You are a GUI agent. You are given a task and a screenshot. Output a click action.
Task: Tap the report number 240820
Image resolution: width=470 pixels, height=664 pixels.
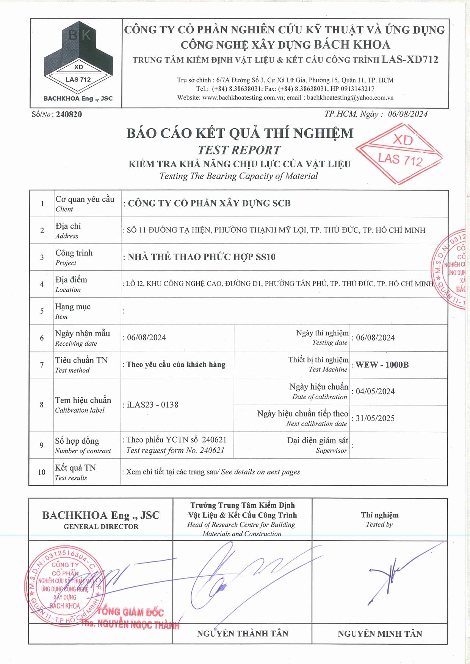tap(69, 114)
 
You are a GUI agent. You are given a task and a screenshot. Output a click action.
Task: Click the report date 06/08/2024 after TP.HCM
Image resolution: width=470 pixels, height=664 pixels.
tap(407, 114)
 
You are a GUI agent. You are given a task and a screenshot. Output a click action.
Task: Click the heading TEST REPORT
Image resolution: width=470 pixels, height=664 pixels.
tap(239, 150)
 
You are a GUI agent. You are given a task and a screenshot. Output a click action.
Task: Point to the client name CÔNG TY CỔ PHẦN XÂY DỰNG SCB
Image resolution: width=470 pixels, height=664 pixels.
tap(209, 203)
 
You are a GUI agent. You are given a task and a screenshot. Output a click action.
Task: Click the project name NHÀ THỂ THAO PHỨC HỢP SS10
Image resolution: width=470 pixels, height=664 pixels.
tap(201, 257)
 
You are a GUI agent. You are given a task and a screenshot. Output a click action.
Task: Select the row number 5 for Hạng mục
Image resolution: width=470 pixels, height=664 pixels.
tap(42, 311)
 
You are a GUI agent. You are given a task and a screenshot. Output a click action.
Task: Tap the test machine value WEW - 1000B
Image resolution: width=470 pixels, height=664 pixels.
tap(382, 365)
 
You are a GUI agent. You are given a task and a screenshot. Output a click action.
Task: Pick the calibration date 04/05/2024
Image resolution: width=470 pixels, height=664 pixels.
tap(375, 391)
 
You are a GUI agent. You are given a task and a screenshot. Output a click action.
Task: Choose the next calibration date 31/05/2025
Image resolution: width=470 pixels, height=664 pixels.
tap(375, 418)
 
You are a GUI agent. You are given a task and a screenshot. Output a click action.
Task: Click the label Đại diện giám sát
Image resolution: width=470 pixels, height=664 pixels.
tap(317, 441)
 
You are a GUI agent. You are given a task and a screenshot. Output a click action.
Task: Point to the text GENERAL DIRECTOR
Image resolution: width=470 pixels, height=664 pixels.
tap(101, 527)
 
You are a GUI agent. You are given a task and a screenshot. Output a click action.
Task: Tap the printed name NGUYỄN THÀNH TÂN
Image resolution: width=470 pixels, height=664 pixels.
tap(243, 634)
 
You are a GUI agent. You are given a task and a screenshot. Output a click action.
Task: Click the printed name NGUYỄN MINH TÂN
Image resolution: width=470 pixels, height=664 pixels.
tap(380, 634)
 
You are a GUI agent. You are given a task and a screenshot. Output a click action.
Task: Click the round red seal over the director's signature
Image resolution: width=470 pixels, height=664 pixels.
tap(64, 585)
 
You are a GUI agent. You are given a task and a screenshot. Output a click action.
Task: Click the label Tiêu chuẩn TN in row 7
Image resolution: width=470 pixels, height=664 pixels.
tap(81, 360)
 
